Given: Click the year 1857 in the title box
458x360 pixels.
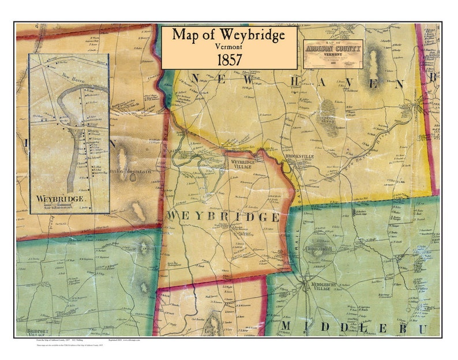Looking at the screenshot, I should (229, 58).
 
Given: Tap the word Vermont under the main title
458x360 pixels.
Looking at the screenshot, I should (229, 46).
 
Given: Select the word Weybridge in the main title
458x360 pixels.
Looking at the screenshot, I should (251, 35).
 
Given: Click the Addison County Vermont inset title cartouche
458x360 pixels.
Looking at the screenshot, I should (333, 54).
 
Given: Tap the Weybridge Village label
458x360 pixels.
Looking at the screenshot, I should (243, 163).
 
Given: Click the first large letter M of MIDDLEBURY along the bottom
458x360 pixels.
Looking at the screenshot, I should (287, 328).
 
